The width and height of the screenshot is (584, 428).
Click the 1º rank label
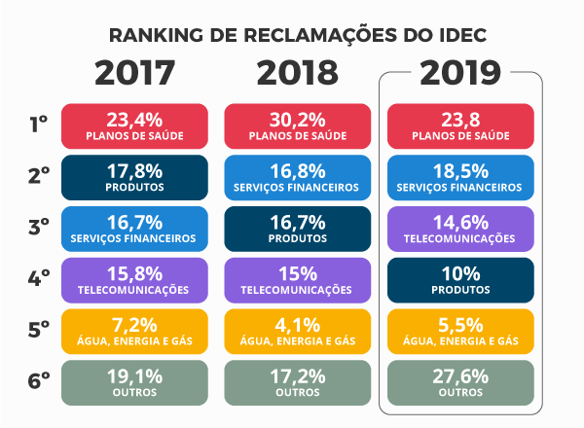[x=38, y=124]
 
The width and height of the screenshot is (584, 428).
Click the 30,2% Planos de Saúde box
[x=297, y=125]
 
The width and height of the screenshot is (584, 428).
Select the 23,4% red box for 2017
[x=134, y=125]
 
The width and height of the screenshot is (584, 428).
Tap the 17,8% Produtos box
[x=134, y=176]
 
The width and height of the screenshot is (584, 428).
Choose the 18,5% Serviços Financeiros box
[x=460, y=176]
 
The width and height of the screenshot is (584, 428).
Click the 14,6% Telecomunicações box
[x=460, y=228]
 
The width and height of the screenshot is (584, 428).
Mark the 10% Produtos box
[x=460, y=278]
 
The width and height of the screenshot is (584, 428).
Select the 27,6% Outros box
[x=460, y=381]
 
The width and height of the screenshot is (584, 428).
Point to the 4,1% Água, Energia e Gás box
[x=297, y=330]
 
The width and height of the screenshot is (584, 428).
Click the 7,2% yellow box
[x=134, y=330]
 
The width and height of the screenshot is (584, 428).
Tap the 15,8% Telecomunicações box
[x=134, y=278]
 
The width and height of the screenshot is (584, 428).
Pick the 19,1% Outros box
[x=134, y=381]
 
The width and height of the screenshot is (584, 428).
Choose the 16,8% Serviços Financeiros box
[x=297, y=176]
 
